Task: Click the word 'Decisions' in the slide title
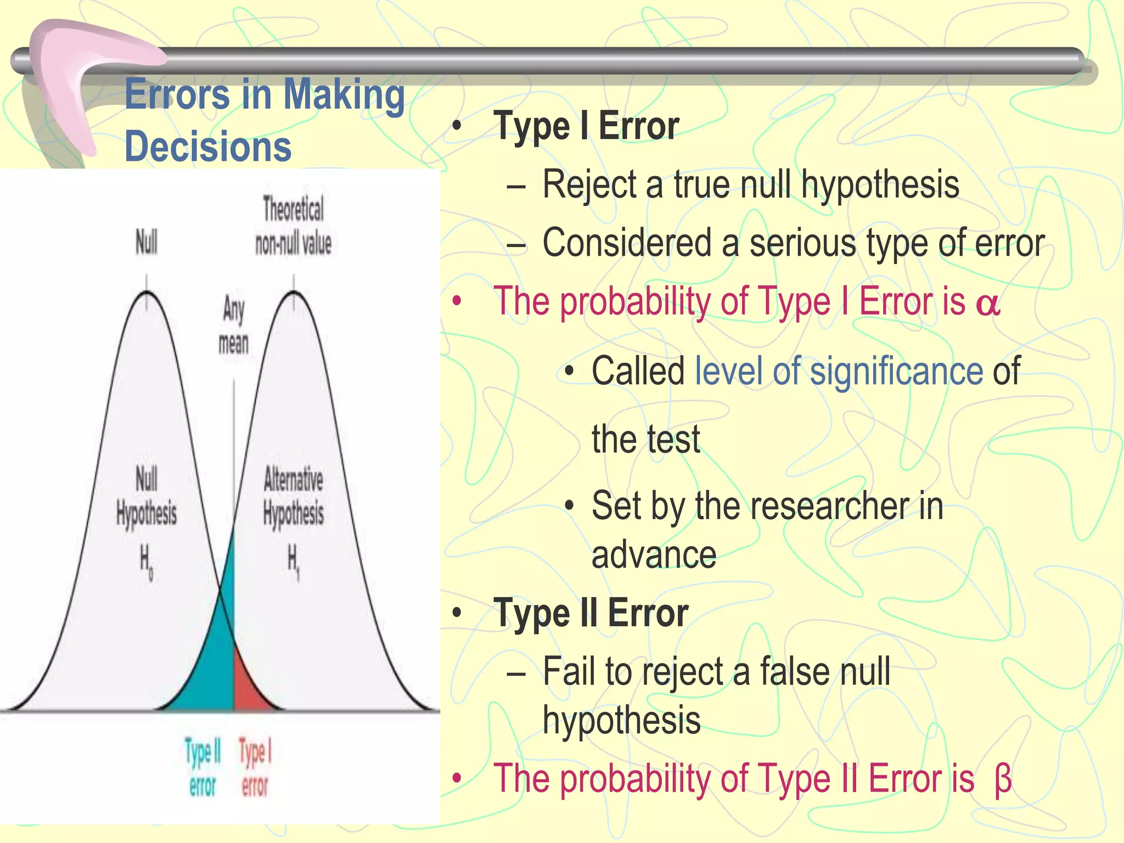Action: tap(208, 147)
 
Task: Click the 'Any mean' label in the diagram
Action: tap(234, 325)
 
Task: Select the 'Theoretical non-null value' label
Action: tap(294, 226)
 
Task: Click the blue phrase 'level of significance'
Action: tap(839, 372)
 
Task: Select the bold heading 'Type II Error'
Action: tap(591, 613)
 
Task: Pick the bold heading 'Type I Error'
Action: tap(586, 126)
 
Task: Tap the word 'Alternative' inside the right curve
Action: tap(294, 479)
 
